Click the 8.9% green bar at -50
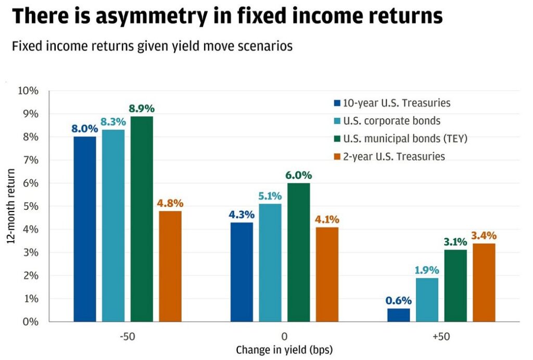click(142, 219)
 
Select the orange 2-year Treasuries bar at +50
click(484, 282)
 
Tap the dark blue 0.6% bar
click(398, 315)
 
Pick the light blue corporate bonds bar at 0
click(270, 263)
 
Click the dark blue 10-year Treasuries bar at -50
click(85, 229)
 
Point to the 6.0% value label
click(298, 176)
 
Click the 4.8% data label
click(170, 203)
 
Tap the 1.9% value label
click(427, 270)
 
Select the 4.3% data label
click(242, 215)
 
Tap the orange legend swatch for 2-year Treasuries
click(337, 156)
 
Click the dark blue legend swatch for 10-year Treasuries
click(337, 103)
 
